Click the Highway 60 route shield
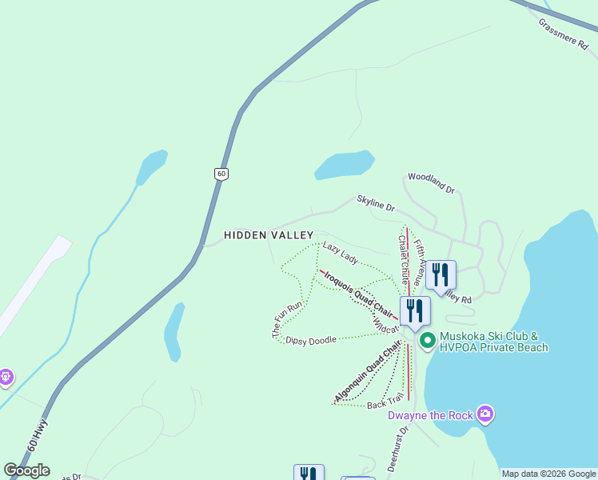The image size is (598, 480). (x=221, y=174)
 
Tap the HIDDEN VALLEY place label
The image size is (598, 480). (x=268, y=235)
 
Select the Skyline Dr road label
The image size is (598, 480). (x=376, y=205)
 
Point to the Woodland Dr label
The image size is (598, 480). (x=431, y=183)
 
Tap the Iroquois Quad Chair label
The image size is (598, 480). (x=357, y=293)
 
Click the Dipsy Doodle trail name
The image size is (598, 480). (x=311, y=339)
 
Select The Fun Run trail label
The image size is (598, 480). (x=291, y=319)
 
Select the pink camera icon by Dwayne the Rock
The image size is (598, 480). (x=484, y=414)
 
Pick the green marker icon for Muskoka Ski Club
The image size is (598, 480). (x=427, y=341)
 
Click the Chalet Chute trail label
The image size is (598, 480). (x=403, y=260)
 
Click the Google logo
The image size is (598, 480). (x=26, y=470)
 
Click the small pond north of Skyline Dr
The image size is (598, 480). (x=345, y=164)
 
